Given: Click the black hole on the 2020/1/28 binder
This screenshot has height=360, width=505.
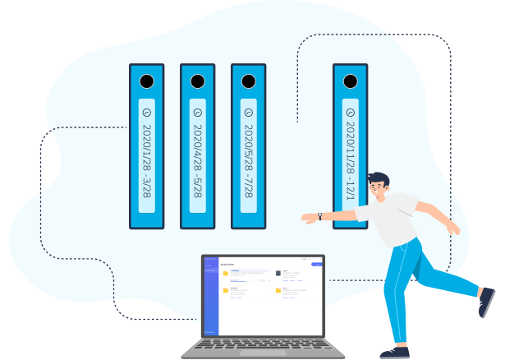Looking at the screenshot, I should [146, 81].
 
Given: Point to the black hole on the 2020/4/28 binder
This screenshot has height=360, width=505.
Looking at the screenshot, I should [197, 81].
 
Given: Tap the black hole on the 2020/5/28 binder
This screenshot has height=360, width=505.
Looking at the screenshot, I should [248, 81].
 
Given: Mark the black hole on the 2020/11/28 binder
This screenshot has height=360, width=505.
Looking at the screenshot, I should [351, 81].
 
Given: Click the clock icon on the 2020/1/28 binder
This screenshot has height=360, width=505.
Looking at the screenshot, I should [146, 112].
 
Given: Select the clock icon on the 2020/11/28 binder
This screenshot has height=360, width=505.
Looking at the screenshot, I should [351, 112].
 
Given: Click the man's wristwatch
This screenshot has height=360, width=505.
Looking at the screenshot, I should [320, 216].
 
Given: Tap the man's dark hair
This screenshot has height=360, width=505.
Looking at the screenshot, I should [379, 179].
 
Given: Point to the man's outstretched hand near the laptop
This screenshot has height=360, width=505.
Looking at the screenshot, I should [309, 218].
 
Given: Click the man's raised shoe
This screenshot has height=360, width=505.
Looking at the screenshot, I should [486, 301].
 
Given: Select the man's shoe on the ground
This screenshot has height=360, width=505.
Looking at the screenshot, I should [395, 351].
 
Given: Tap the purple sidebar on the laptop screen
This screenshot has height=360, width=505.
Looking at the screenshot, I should [210, 295].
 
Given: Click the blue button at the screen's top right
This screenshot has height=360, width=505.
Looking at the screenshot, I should [315, 263].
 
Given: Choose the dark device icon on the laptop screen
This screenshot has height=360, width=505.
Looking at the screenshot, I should [278, 272].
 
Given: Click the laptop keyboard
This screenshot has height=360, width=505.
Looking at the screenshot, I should [264, 347].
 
